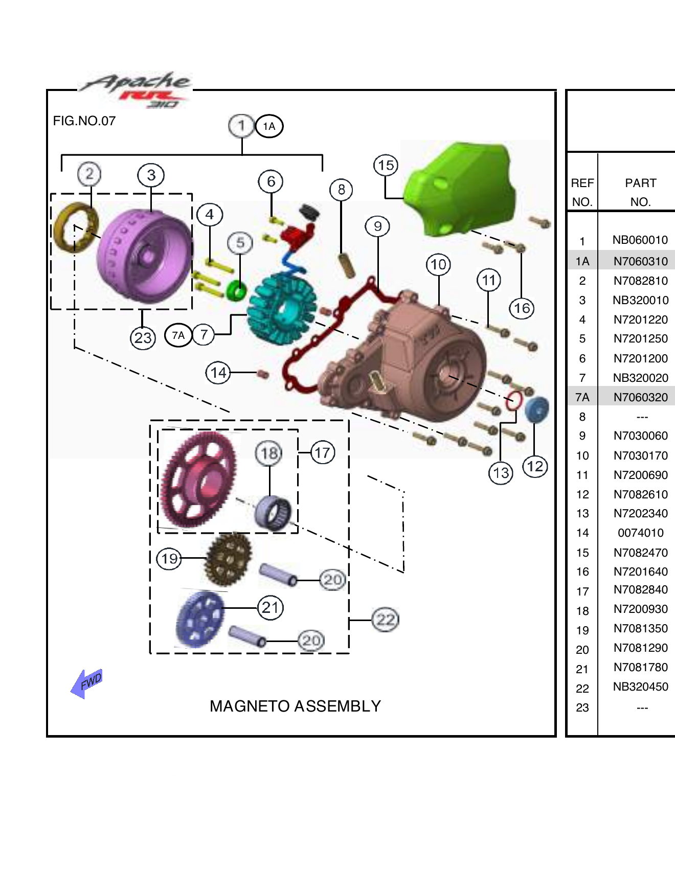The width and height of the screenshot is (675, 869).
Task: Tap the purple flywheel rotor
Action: (143, 256)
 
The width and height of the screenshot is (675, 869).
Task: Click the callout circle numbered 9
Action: (377, 226)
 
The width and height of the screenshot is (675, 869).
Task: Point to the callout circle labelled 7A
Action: (178, 335)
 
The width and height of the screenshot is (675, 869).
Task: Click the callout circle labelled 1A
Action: (269, 126)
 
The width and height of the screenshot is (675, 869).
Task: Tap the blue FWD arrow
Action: (86, 683)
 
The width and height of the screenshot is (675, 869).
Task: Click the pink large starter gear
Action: (197, 481)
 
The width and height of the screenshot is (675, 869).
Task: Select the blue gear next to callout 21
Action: (199, 620)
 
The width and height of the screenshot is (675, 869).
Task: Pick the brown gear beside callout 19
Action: (229, 559)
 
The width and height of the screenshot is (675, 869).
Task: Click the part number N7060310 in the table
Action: (640, 261)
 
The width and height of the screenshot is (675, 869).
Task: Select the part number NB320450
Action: (640, 687)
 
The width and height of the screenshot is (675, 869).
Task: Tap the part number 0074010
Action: (640, 533)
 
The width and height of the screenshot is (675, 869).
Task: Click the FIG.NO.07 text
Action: (84, 121)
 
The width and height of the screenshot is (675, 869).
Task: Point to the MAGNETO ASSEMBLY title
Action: (295, 706)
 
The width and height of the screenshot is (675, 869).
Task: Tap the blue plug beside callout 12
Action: (536, 409)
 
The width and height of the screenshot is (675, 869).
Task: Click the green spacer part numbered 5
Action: (236, 291)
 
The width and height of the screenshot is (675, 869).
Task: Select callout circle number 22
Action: (385, 620)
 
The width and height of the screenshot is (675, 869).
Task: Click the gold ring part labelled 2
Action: (75, 227)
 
